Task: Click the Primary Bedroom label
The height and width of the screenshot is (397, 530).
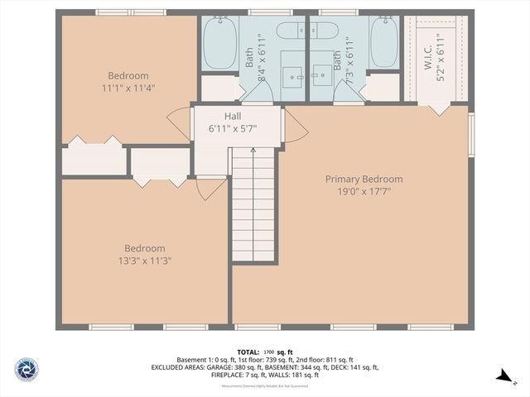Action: (x=364, y=179)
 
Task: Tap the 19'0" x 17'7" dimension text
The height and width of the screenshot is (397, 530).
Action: (x=364, y=191)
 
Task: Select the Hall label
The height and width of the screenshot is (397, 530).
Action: (x=233, y=117)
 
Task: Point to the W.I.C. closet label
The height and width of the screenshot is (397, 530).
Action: (x=429, y=51)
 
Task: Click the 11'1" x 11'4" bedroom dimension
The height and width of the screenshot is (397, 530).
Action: (x=128, y=88)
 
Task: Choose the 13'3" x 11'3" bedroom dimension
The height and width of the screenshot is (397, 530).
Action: (x=144, y=260)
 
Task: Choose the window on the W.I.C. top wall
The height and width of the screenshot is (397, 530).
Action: (x=435, y=12)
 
